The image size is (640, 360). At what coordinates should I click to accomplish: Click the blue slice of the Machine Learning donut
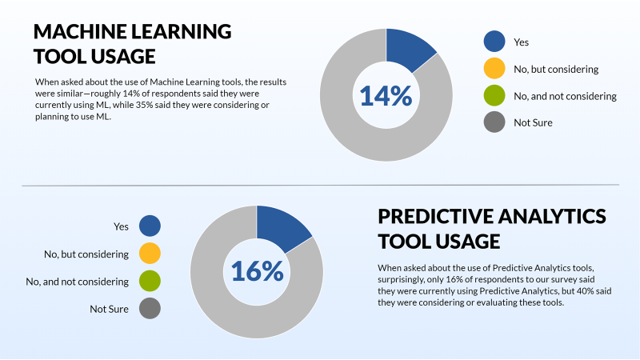(x=408, y=49)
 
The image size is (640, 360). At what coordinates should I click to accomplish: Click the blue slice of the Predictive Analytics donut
(x=281, y=226)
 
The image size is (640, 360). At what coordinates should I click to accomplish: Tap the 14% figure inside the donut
(x=386, y=95)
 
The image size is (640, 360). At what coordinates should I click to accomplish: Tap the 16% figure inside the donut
(x=257, y=271)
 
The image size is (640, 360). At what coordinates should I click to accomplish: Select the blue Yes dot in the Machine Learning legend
(x=494, y=42)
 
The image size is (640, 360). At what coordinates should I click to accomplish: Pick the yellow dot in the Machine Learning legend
(x=494, y=69)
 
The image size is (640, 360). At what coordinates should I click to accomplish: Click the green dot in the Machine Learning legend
(x=494, y=95)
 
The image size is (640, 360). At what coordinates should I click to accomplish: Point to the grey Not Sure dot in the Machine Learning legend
(x=494, y=122)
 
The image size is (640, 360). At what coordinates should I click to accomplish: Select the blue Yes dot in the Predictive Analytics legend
(x=150, y=226)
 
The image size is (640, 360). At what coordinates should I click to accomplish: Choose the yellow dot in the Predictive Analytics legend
(x=150, y=254)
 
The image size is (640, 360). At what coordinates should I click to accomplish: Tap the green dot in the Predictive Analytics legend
(x=150, y=281)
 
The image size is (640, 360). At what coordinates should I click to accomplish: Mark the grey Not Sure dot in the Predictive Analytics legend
(x=150, y=308)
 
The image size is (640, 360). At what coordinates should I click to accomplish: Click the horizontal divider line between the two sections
(x=321, y=186)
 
